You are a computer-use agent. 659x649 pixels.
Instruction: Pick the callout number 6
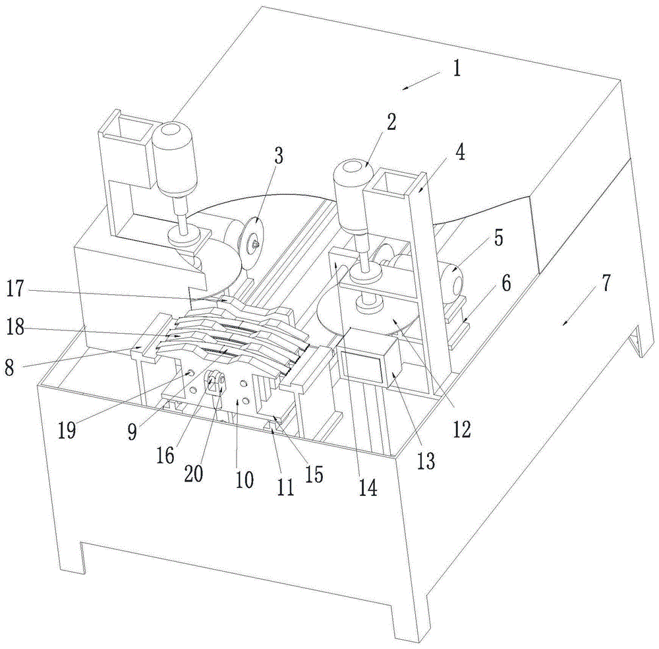(505, 284)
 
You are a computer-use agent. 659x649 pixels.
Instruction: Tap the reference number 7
(605, 284)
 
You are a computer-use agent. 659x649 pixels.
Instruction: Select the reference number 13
(426, 460)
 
